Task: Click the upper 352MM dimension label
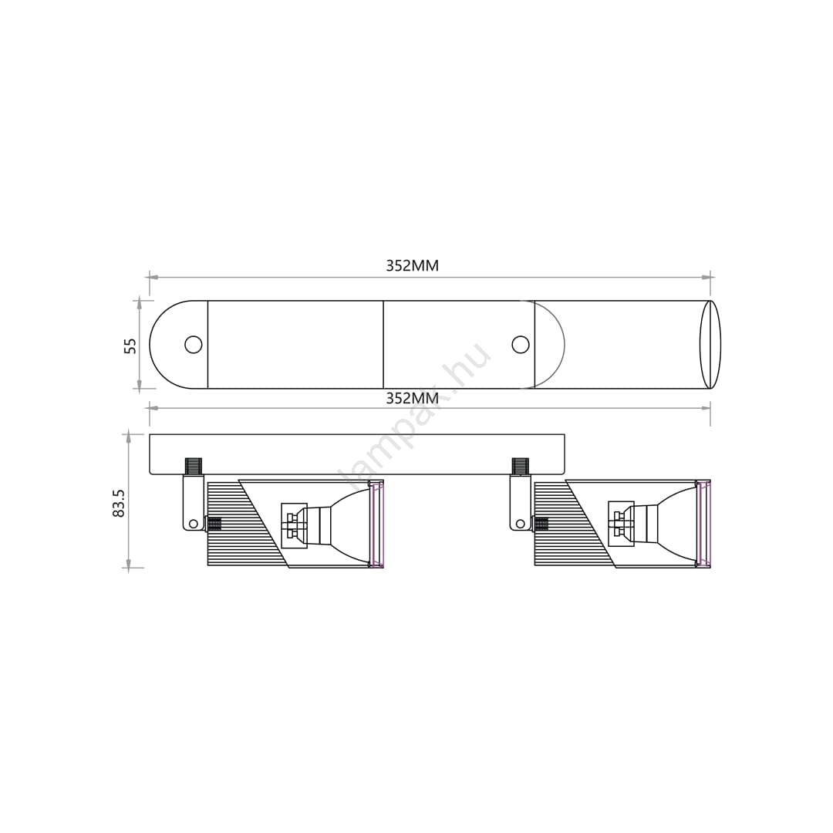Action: pyautogui.click(x=412, y=265)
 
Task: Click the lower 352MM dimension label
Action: pyautogui.click(x=412, y=398)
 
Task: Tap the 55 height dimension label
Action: pyautogui.click(x=130, y=346)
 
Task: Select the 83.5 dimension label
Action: pyautogui.click(x=119, y=503)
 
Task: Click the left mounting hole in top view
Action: pyautogui.click(x=194, y=345)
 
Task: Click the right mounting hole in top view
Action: pyautogui.click(x=521, y=344)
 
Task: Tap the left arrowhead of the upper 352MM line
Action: pyautogui.click(x=153, y=277)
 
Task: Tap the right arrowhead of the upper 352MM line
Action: pyautogui.click(x=706, y=277)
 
